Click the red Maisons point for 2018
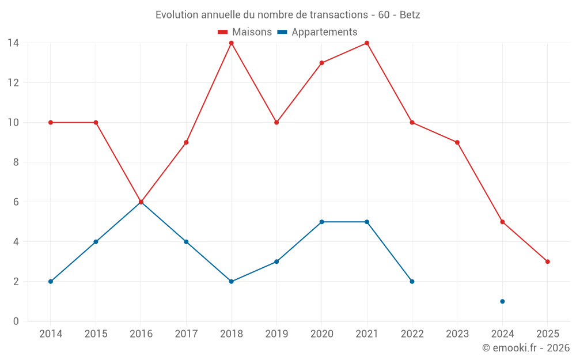tap(231, 43)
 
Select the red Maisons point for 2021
tap(367, 43)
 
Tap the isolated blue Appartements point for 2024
tap(502, 301)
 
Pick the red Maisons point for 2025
tap(547, 262)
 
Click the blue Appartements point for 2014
tap(51, 282)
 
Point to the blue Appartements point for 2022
tap(412, 282)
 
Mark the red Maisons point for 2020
tap(321, 63)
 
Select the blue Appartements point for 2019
tap(276, 262)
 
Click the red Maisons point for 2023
tap(457, 142)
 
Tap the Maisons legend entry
tap(245, 32)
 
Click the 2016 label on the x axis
tap(141, 334)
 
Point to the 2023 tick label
tap(457, 334)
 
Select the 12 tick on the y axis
tap(13, 83)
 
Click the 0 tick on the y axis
tap(16, 321)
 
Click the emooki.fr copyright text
tap(526, 348)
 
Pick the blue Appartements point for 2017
tap(186, 242)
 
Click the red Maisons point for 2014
tap(51, 123)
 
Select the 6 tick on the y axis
tap(16, 202)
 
